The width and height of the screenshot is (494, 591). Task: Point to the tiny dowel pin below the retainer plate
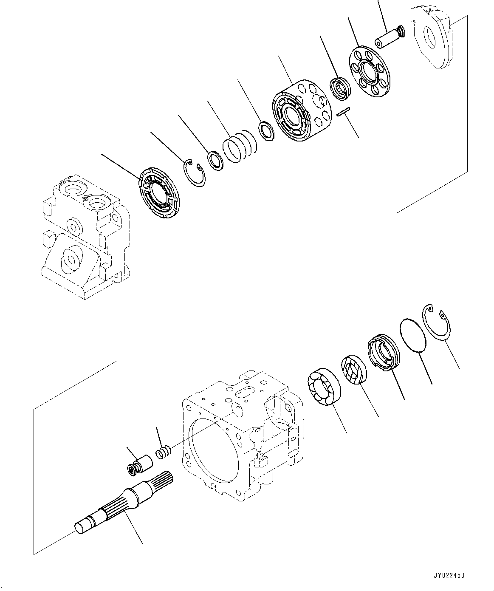342,112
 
